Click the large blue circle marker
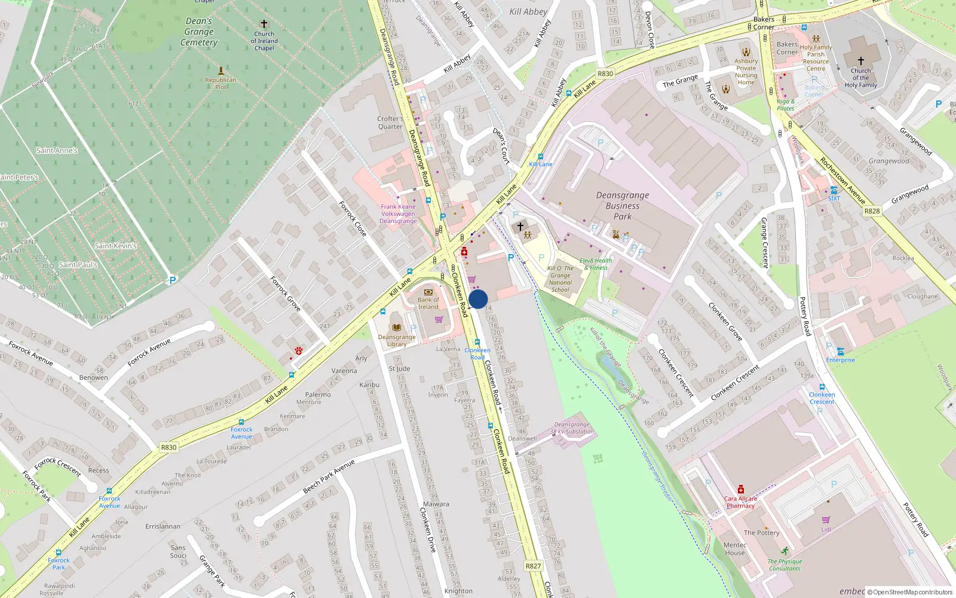click(x=478, y=299)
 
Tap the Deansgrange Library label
click(x=397, y=340)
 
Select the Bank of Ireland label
click(x=428, y=303)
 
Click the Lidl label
click(x=826, y=529)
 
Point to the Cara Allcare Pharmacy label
click(x=740, y=502)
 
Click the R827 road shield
click(x=533, y=566)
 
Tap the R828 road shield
click(x=872, y=210)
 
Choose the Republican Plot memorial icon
click(x=220, y=71)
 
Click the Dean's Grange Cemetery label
click(x=199, y=32)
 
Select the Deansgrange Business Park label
click(x=622, y=206)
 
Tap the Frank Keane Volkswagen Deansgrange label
click(x=399, y=213)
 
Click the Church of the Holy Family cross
click(x=860, y=60)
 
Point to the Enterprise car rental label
click(x=840, y=359)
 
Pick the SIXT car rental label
click(x=834, y=198)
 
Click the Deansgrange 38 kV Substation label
click(x=572, y=428)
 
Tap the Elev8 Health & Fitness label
click(x=596, y=264)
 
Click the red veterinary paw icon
click(x=298, y=350)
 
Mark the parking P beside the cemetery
click(x=173, y=280)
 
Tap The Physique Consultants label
click(x=785, y=565)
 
